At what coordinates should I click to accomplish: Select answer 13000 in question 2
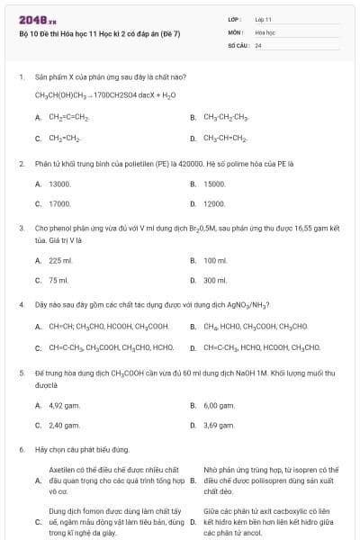[59, 184]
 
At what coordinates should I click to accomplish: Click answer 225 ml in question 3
[59, 260]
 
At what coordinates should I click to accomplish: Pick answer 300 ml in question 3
[215, 280]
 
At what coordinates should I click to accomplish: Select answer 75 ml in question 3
[58, 280]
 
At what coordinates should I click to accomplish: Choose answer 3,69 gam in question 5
[219, 425]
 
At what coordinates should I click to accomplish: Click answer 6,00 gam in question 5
[219, 405]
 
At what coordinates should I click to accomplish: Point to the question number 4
[21, 304]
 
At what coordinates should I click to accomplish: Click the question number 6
[21, 448]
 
